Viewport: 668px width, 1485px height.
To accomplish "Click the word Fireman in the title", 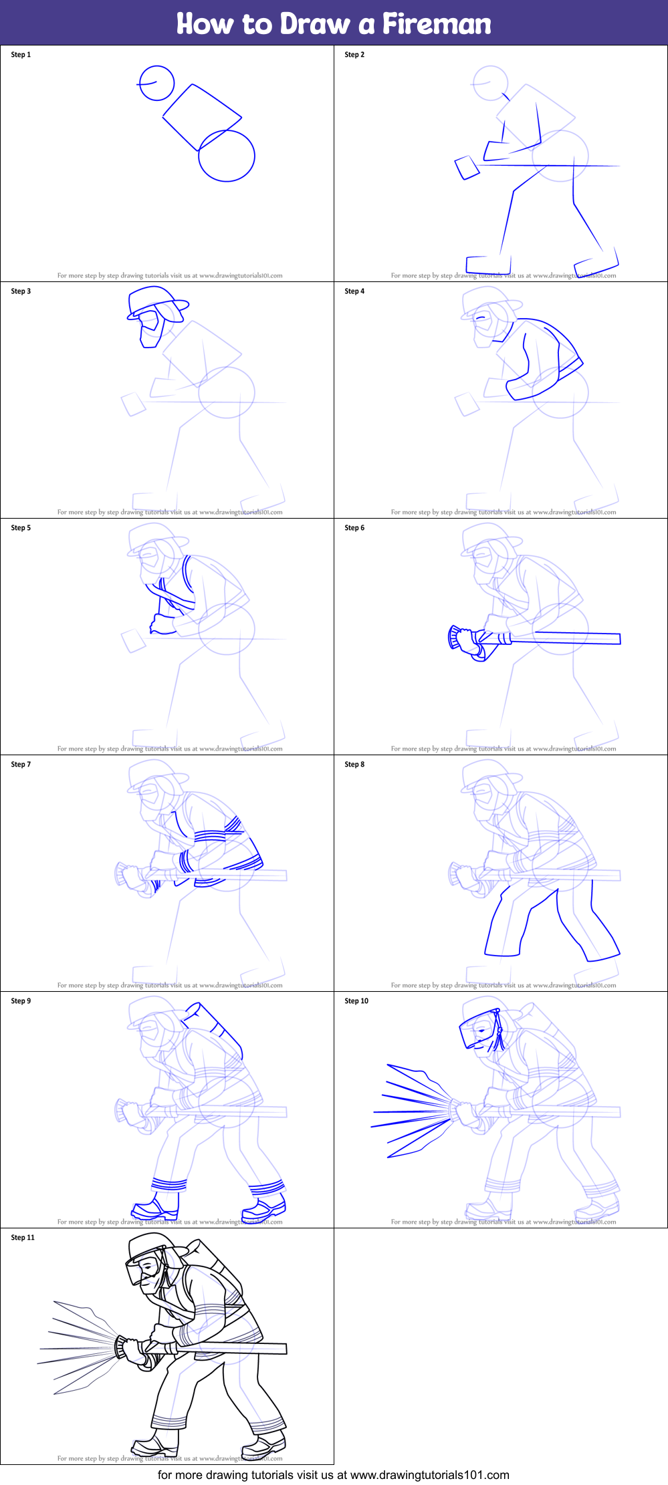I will [x=436, y=24].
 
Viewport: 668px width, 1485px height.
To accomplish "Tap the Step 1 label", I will [x=21, y=55].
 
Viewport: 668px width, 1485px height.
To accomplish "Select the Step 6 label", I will [x=354, y=528].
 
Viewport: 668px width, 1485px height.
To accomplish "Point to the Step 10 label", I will [x=356, y=1001].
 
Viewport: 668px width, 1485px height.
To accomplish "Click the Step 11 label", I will [x=23, y=1238].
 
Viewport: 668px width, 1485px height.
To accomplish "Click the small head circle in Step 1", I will [x=156, y=84].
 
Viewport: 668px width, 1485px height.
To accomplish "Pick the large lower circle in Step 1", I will [x=227, y=156].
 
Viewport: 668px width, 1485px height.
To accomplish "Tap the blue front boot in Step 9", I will [x=154, y=1207].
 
